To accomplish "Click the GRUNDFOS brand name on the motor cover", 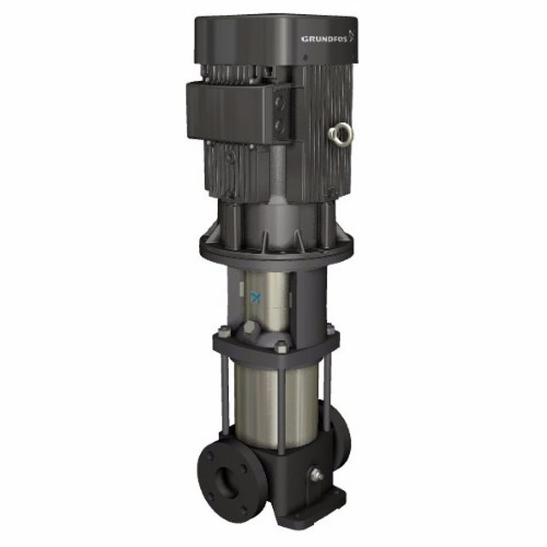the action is click(x=324, y=38).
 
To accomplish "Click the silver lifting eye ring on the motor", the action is click(x=340, y=132).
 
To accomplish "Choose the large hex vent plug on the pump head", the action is click(x=251, y=330).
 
